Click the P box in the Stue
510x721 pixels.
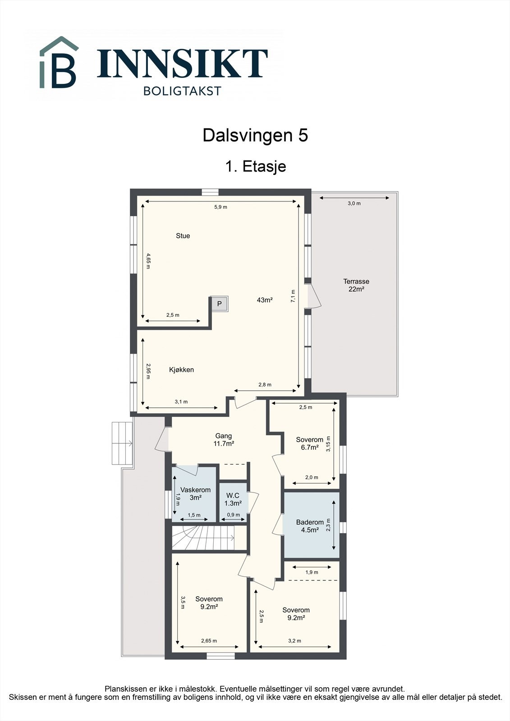[x=220, y=304]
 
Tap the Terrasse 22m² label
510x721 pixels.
[x=356, y=285]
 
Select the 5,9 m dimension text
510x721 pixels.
[x=221, y=207]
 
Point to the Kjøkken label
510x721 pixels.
[x=181, y=370]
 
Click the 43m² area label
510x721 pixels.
[x=265, y=300]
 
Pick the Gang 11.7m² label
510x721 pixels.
[x=224, y=440]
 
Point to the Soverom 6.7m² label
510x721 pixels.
[x=310, y=443]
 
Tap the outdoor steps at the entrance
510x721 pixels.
[x=122, y=443]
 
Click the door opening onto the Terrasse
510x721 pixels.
[x=314, y=296]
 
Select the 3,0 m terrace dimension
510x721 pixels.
[x=354, y=203]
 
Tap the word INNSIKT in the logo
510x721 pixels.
[x=182, y=64]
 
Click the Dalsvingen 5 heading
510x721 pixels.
[x=255, y=135]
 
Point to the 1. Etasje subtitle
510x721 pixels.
[x=256, y=166]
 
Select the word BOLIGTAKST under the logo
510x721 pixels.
[x=182, y=91]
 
